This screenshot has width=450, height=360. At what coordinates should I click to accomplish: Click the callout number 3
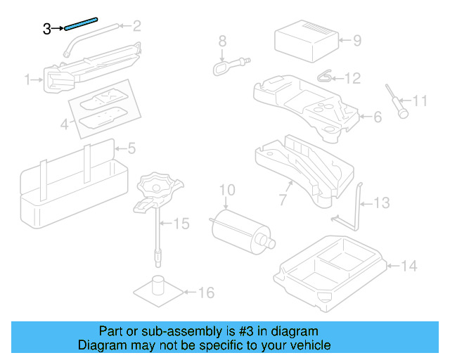[47, 29]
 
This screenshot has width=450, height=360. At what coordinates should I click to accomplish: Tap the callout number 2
[136, 27]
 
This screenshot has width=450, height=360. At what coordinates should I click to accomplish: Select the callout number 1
[29, 81]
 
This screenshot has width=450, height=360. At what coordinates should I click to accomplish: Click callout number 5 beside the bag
[131, 148]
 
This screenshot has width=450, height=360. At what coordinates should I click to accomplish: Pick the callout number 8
[222, 40]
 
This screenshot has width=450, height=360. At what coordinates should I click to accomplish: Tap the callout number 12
[352, 78]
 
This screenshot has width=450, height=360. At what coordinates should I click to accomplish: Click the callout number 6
[377, 117]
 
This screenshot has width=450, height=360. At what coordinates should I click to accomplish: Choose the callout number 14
[409, 266]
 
